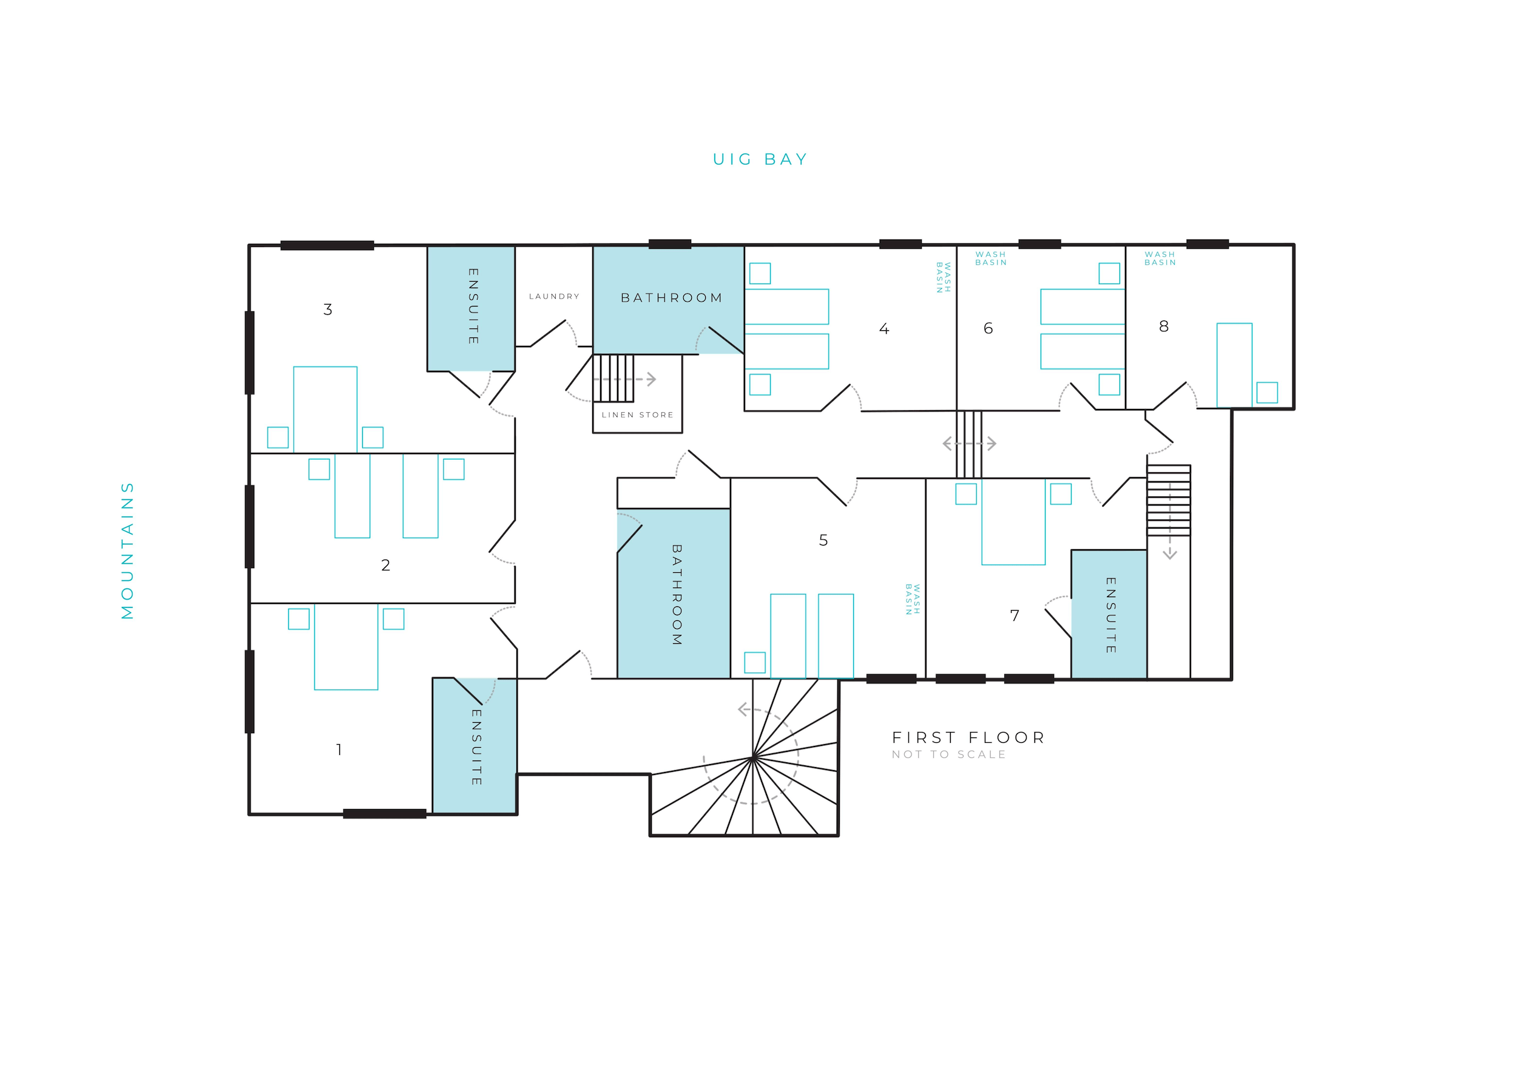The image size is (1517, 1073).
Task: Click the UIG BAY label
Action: coord(760,159)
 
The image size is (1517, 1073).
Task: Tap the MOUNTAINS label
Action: coord(127,550)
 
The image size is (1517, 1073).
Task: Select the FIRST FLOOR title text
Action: coord(968,737)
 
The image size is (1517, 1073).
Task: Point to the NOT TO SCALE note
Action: coord(949,754)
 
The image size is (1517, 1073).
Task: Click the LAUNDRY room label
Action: coord(553,296)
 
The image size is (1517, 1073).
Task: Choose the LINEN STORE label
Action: coord(638,415)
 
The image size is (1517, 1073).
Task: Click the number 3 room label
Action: coord(328,309)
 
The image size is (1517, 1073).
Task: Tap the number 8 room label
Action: coord(1163,327)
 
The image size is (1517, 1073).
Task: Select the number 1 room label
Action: coord(339,750)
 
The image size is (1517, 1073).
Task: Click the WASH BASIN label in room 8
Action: coord(1160,259)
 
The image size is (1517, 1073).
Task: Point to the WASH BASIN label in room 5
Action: coord(913,599)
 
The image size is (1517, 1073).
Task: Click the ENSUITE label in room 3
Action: coord(473,306)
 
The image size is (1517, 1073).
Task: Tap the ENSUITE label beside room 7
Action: coord(1110,615)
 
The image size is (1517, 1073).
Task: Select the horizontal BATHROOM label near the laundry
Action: coord(671,298)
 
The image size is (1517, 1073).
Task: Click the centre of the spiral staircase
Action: coord(752,758)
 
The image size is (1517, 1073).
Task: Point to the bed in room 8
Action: coord(1234,365)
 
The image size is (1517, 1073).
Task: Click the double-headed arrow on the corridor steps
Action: coord(969,443)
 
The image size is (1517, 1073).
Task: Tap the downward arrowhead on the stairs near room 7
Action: coord(1169,554)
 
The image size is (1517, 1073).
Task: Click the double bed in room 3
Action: coord(325,410)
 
